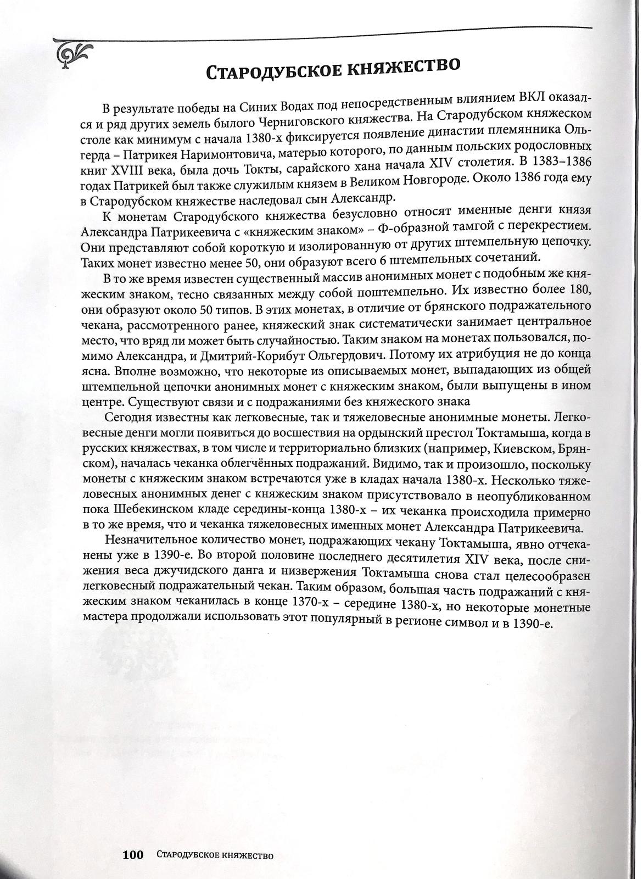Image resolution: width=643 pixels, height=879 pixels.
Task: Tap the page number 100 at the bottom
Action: click(x=133, y=855)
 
